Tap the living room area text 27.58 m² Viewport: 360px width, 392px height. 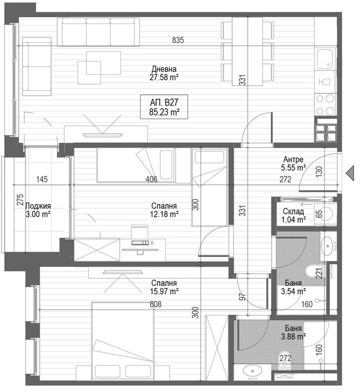pos(164,78)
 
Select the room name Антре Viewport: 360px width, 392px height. pos(294,159)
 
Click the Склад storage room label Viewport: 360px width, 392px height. pos(294,211)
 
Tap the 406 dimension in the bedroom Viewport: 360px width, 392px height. pos(151,179)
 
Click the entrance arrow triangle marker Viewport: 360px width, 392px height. pos(351,174)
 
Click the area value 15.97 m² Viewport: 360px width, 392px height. pos(164,291)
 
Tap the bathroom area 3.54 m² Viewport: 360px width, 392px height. pos(293,291)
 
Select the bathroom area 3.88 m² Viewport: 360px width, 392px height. pos(293,336)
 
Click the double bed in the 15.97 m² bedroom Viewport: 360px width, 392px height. pos(123,339)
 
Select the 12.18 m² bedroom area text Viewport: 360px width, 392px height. pos(164,214)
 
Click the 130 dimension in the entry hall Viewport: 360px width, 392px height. pos(319,171)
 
